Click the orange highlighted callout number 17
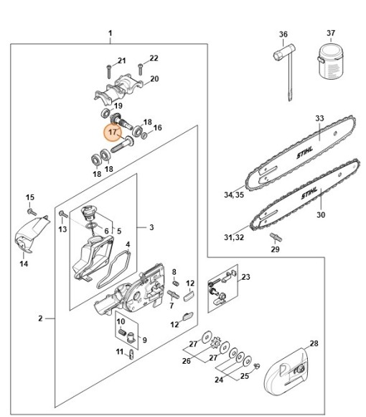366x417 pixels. (112, 132)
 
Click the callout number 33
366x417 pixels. (319, 118)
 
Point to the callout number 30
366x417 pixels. (321, 214)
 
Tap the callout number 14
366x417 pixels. (24, 264)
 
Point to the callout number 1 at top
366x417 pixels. (110, 33)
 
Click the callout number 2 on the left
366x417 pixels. (41, 317)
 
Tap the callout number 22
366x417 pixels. (154, 58)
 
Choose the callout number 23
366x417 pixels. (245, 277)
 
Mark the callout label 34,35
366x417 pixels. (233, 194)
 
